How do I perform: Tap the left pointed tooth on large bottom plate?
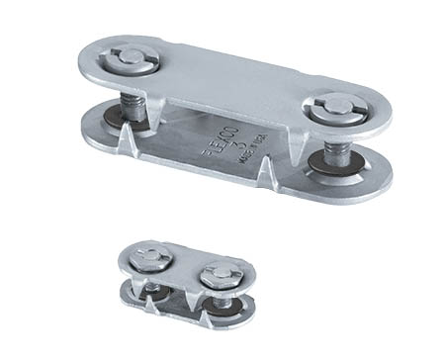pos(127,149)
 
